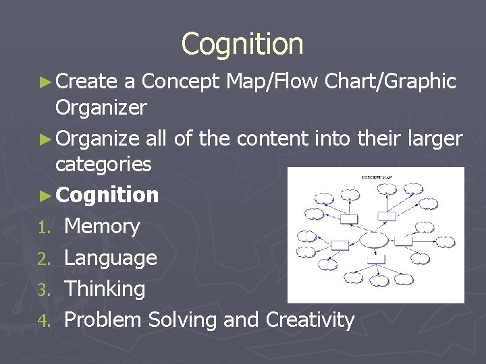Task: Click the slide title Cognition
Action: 242,44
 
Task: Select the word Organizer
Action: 101,108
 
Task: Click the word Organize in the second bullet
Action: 99,140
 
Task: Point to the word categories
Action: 103,164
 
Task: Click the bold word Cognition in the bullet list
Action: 108,195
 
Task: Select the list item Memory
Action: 102,226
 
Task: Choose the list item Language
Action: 111,257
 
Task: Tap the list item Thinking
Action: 105,289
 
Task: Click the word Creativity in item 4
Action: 310,320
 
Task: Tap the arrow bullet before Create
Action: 46,82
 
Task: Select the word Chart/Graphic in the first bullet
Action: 390,82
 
